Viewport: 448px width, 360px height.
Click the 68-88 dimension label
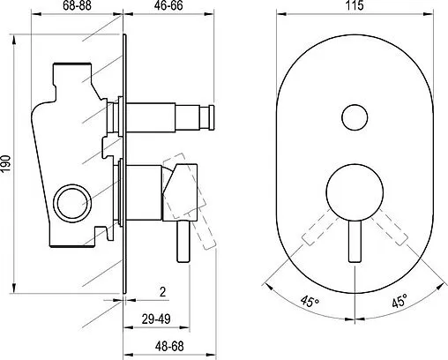coord(77,5)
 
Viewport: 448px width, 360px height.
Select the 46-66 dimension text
coord(168,5)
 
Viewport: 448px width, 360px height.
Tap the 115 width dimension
coord(355,5)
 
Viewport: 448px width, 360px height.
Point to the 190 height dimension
coord(6,163)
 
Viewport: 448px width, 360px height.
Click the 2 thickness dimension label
coord(162,292)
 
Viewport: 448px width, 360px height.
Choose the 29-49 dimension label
coord(156,319)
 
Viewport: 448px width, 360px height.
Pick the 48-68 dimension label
coord(169,346)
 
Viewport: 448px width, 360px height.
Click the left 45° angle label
coord(310,301)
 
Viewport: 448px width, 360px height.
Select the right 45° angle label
coord(399,301)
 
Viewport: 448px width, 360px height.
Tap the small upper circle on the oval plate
coord(355,117)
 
